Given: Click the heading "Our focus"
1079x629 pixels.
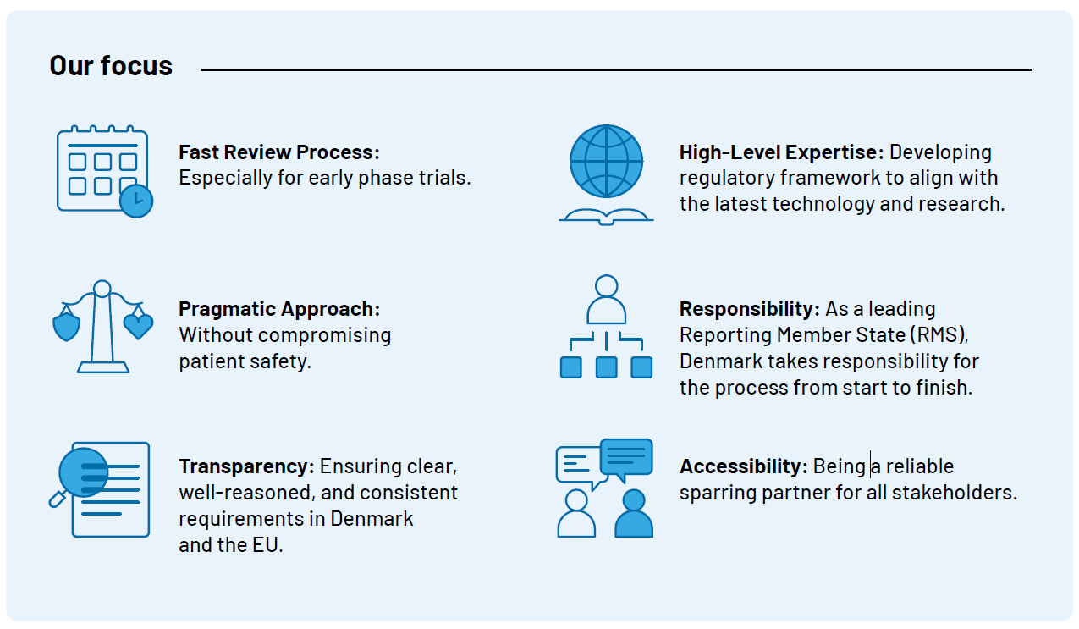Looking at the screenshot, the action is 111,65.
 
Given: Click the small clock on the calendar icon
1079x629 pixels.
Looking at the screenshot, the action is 136,201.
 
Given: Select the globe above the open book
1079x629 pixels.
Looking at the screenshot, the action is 606,161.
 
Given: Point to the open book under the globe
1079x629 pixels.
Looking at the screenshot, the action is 606,217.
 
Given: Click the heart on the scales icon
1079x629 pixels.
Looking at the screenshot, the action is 138,326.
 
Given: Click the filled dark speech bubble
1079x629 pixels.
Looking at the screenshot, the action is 626,459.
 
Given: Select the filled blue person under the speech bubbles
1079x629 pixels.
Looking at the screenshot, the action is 633,513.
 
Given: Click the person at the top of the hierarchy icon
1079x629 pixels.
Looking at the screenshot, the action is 606,300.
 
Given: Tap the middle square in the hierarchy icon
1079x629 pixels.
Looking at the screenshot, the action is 606,367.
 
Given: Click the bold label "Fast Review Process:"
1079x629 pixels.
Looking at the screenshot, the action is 279,152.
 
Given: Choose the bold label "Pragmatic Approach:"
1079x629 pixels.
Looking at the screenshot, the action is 279,309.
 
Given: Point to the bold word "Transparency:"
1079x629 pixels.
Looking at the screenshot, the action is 246,466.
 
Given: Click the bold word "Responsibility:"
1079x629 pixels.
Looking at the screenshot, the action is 750,309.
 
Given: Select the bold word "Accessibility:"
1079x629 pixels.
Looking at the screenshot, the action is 744,466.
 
